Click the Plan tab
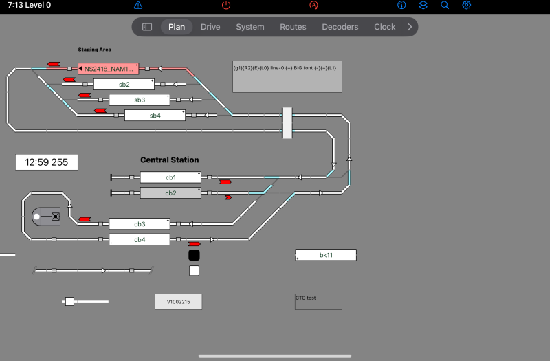point(177,27)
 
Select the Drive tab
point(210,27)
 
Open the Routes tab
point(293,27)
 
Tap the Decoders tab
point(340,27)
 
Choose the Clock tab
point(384,27)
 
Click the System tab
point(250,27)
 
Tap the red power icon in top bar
point(226,6)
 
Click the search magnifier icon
point(445,6)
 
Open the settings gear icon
point(466,6)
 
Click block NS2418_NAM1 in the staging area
point(109,69)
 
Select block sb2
point(124,85)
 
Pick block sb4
point(155,116)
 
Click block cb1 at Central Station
point(170,177)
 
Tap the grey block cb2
point(170,193)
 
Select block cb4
point(140,240)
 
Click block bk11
point(326,255)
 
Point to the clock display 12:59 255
point(47,162)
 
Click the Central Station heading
point(170,160)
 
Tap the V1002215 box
point(179,302)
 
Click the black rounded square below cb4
point(194,255)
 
